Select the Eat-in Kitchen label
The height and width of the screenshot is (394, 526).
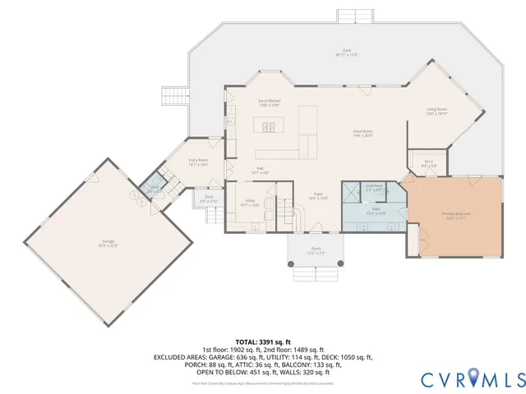tap(270, 102)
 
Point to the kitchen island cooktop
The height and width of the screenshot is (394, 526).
tap(268, 126)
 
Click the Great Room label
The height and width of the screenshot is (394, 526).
tap(363, 133)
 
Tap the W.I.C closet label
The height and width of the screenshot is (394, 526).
tap(429, 163)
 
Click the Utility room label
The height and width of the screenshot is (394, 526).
tap(250, 203)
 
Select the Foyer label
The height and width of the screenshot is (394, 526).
tap(317, 197)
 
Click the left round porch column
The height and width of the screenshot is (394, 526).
tap(289, 264)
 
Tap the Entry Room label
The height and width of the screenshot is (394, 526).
tap(198, 162)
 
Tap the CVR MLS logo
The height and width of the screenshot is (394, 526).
tap(473, 378)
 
